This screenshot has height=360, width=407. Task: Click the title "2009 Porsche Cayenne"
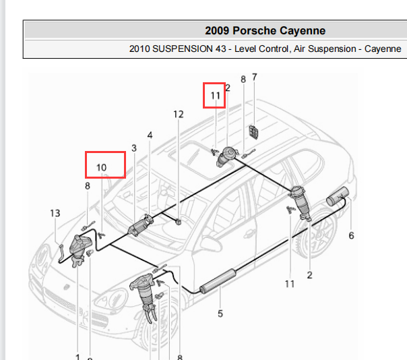(265, 30)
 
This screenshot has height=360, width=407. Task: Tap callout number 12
(179, 115)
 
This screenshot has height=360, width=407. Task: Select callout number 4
(150, 135)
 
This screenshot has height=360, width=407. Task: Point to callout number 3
(134, 148)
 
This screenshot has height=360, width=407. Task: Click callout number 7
(255, 77)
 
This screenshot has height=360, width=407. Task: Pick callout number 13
(55, 213)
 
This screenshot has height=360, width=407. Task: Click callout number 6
(351, 235)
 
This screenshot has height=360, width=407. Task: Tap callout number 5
(220, 313)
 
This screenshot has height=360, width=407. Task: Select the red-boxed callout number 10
(102, 168)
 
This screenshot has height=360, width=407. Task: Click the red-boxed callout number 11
(215, 96)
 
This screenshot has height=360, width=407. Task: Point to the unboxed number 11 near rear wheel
(290, 284)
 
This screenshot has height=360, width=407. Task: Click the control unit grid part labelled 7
(253, 132)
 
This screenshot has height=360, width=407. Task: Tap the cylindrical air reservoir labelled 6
(338, 196)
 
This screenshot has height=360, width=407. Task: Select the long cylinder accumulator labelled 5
(218, 281)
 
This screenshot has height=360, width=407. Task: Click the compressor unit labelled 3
(141, 225)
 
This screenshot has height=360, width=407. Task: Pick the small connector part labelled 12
(178, 222)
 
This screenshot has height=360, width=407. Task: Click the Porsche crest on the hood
(67, 287)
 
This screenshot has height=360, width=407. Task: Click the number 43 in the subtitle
(220, 49)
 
